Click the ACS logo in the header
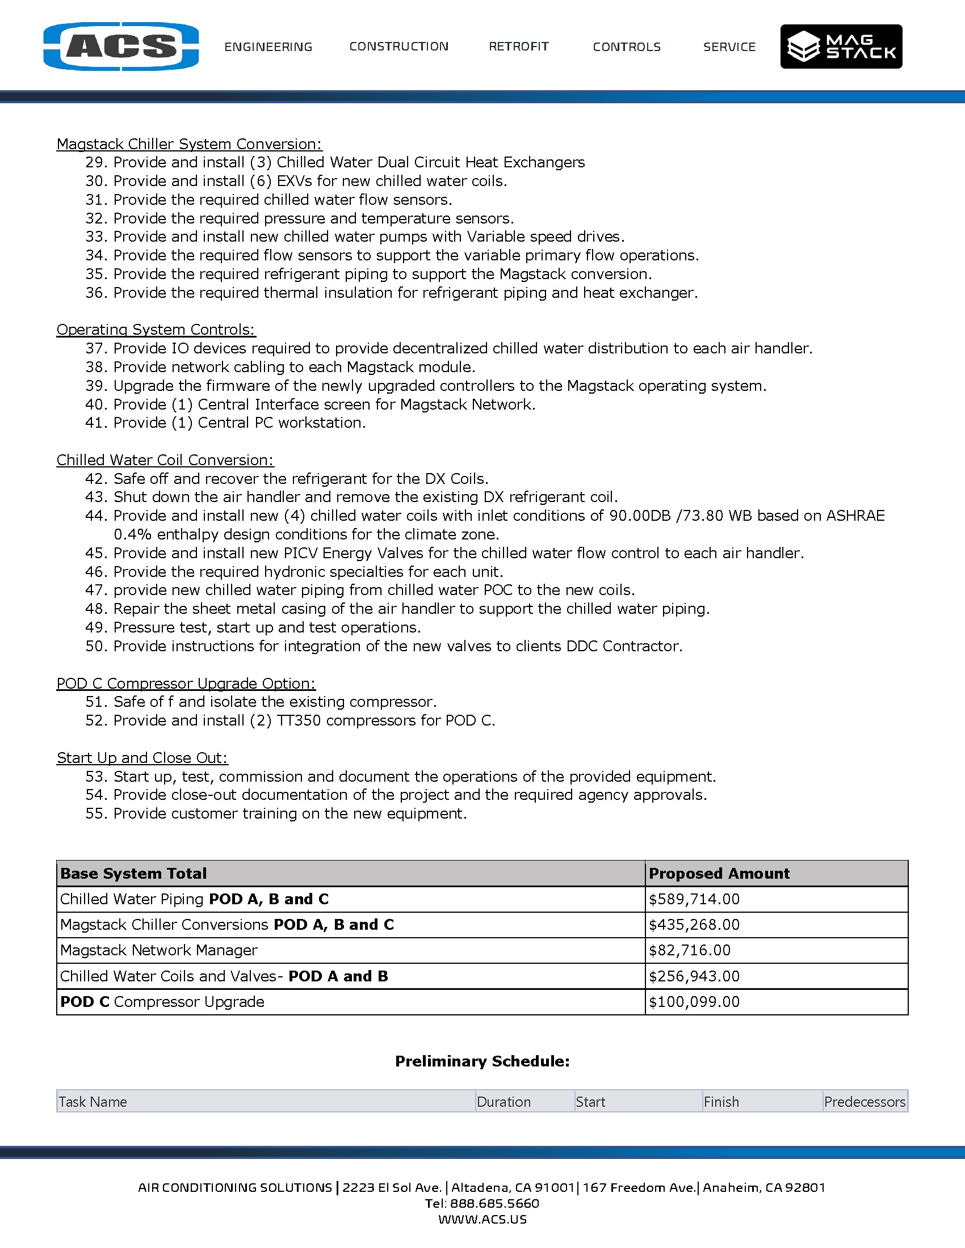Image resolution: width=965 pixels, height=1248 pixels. (x=121, y=47)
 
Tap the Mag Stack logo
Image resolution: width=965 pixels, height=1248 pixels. (x=841, y=47)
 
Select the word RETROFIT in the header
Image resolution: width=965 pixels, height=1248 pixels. (x=518, y=47)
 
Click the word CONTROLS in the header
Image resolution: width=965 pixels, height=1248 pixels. (x=627, y=47)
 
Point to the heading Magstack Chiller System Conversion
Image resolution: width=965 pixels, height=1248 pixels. (x=189, y=144)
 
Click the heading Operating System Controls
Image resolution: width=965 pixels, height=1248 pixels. (x=156, y=330)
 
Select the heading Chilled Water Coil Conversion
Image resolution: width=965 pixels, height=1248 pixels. (x=165, y=460)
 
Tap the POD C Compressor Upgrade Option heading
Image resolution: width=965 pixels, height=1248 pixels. (x=186, y=684)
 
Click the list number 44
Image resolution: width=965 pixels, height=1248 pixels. (x=96, y=516)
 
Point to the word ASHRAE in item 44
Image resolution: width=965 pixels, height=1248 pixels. (x=855, y=516)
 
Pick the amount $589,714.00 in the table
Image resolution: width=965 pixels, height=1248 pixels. (x=694, y=900)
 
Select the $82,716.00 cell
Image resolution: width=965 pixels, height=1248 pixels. (x=690, y=950)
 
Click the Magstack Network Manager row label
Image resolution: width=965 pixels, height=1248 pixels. (x=159, y=950)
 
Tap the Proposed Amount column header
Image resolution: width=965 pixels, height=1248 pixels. (x=719, y=874)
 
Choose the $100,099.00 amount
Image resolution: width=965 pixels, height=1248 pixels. (x=694, y=1002)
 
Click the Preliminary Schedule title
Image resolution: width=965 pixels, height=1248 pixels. (x=482, y=1061)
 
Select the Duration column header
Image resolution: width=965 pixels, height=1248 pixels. (x=504, y=1102)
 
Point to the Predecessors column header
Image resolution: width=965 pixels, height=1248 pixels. (x=865, y=1102)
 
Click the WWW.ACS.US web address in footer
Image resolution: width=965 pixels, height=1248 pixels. (x=482, y=1220)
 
